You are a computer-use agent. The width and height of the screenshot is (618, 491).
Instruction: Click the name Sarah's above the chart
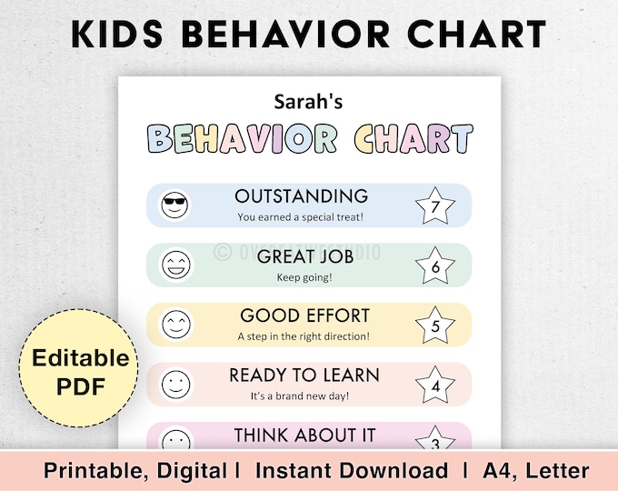(x=308, y=104)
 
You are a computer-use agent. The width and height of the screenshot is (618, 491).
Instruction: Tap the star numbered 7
(x=434, y=206)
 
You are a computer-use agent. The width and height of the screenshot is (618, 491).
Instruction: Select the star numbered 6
(x=434, y=266)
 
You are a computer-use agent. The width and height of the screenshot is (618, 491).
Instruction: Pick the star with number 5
(x=434, y=326)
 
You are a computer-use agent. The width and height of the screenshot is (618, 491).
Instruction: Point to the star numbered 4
(x=434, y=385)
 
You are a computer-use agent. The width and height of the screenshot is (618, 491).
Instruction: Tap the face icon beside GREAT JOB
(x=174, y=265)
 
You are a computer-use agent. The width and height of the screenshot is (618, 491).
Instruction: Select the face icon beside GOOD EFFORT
(x=174, y=325)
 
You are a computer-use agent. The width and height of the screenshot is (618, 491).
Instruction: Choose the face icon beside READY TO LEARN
(x=174, y=385)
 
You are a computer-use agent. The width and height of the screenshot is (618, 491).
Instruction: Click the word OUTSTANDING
(x=301, y=196)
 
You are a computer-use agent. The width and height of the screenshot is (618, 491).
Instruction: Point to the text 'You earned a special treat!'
(x=301, y=217)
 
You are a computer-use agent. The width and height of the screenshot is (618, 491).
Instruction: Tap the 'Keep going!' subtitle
(x=304, y=276)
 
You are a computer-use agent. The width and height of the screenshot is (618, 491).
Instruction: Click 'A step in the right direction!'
(x=304, y=336)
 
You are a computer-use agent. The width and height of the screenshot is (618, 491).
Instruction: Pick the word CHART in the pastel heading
(x=413, y=140)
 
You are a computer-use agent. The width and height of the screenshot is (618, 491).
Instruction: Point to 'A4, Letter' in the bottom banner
(x=542, y=471)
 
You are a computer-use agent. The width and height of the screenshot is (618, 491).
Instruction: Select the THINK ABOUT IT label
(x=304, y=436)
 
